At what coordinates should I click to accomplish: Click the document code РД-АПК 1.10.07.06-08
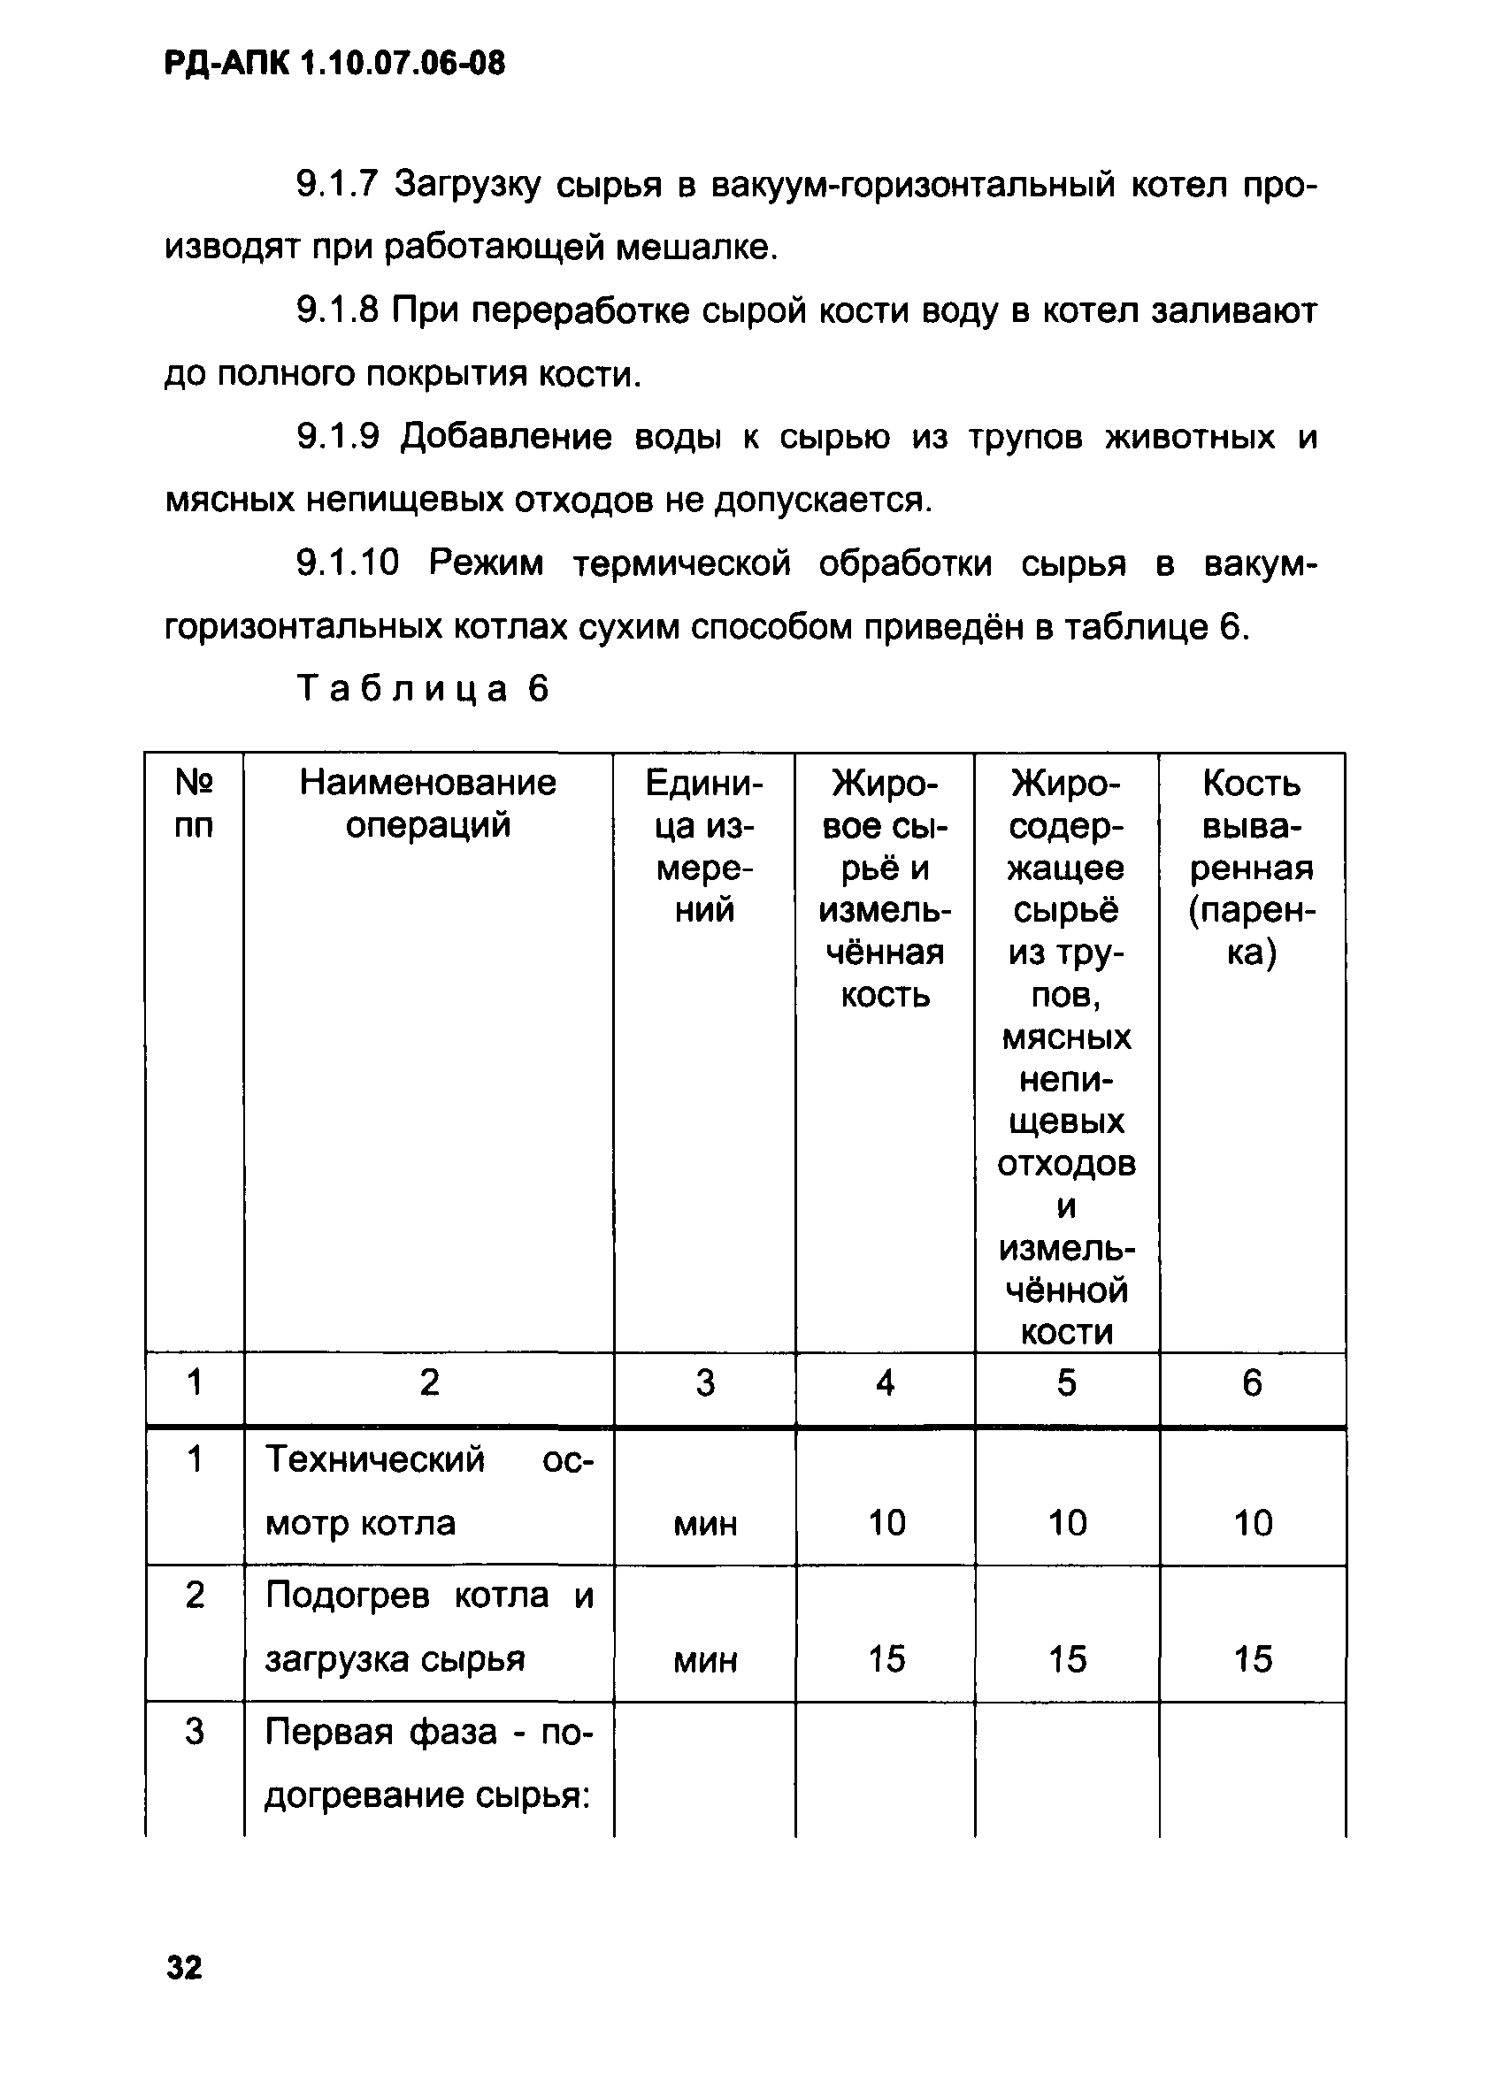click(x=334, y=64)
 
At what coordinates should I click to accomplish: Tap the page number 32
click(x=184, y=1966)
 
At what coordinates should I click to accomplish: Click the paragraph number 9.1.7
click(x=337, y=184)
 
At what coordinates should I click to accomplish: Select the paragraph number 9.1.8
click(x=337, y=310)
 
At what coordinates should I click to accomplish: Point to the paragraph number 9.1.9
click(x=337, y=436)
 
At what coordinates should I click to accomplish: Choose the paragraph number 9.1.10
click(x=348, y=563)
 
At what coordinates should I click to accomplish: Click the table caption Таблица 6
click(x=423, y=688)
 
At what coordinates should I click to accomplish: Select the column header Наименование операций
click(x=427, y=804)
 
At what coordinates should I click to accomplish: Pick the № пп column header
click(x=194, y=804)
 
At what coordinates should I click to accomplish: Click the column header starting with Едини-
click(x=704, y=846)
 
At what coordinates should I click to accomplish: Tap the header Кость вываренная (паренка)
click(x=1252, y=867)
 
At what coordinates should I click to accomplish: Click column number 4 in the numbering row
click(x=885, y=1382)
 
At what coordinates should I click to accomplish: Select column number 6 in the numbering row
click(x=1252, y=1382)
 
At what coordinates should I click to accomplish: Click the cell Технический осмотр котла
click(x=427, y=1491)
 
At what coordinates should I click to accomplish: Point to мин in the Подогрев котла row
click(x=705, y=1659)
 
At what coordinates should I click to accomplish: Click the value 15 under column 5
click(x=1067, y=1659)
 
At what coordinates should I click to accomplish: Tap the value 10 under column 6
click(x=1253, y=1523)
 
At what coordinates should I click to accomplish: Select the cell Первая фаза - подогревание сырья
click(x=427, y=1763)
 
